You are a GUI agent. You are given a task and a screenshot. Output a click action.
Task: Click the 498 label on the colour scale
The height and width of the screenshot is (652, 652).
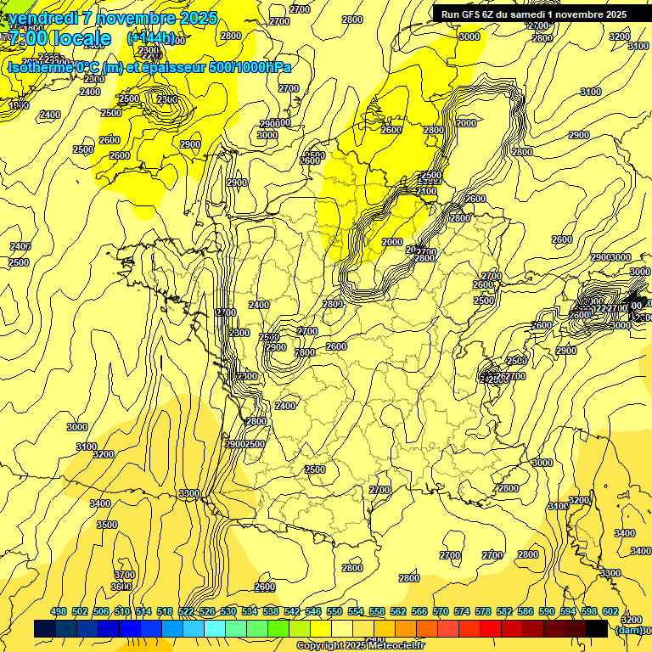coord(59,611)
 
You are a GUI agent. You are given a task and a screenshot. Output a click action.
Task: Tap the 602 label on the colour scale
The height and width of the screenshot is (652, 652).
coord(609,611)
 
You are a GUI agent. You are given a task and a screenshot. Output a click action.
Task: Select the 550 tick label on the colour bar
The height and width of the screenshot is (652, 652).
coord(334,611)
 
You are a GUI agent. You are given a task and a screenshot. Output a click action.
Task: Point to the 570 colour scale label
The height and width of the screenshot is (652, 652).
coord(440,611)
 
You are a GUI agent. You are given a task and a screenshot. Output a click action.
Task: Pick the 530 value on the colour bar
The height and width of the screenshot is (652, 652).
coord(228,611)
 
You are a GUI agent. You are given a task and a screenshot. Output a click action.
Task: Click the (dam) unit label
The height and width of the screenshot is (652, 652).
coord(627,629)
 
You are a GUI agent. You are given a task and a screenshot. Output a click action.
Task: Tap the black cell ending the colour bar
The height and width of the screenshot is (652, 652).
coord(597,628)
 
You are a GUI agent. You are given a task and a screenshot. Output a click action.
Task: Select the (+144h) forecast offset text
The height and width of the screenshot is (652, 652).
coord(151,38)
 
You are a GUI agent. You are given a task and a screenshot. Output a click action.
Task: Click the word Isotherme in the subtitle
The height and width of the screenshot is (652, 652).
coord(39,67)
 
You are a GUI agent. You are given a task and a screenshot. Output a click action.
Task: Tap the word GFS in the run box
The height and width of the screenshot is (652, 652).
coord(469,14)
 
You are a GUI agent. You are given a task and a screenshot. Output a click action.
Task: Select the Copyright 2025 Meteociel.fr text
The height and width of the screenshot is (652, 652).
coord(361,645)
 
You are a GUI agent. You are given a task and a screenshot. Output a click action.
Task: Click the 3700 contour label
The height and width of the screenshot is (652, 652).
coord(124,575)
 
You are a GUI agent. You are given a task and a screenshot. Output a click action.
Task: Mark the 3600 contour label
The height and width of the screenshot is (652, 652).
coord(121,586)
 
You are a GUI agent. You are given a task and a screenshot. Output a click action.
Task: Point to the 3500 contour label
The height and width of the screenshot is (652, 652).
coord(107,525)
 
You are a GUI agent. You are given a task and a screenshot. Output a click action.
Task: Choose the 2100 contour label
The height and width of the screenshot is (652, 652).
coord(426,192)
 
